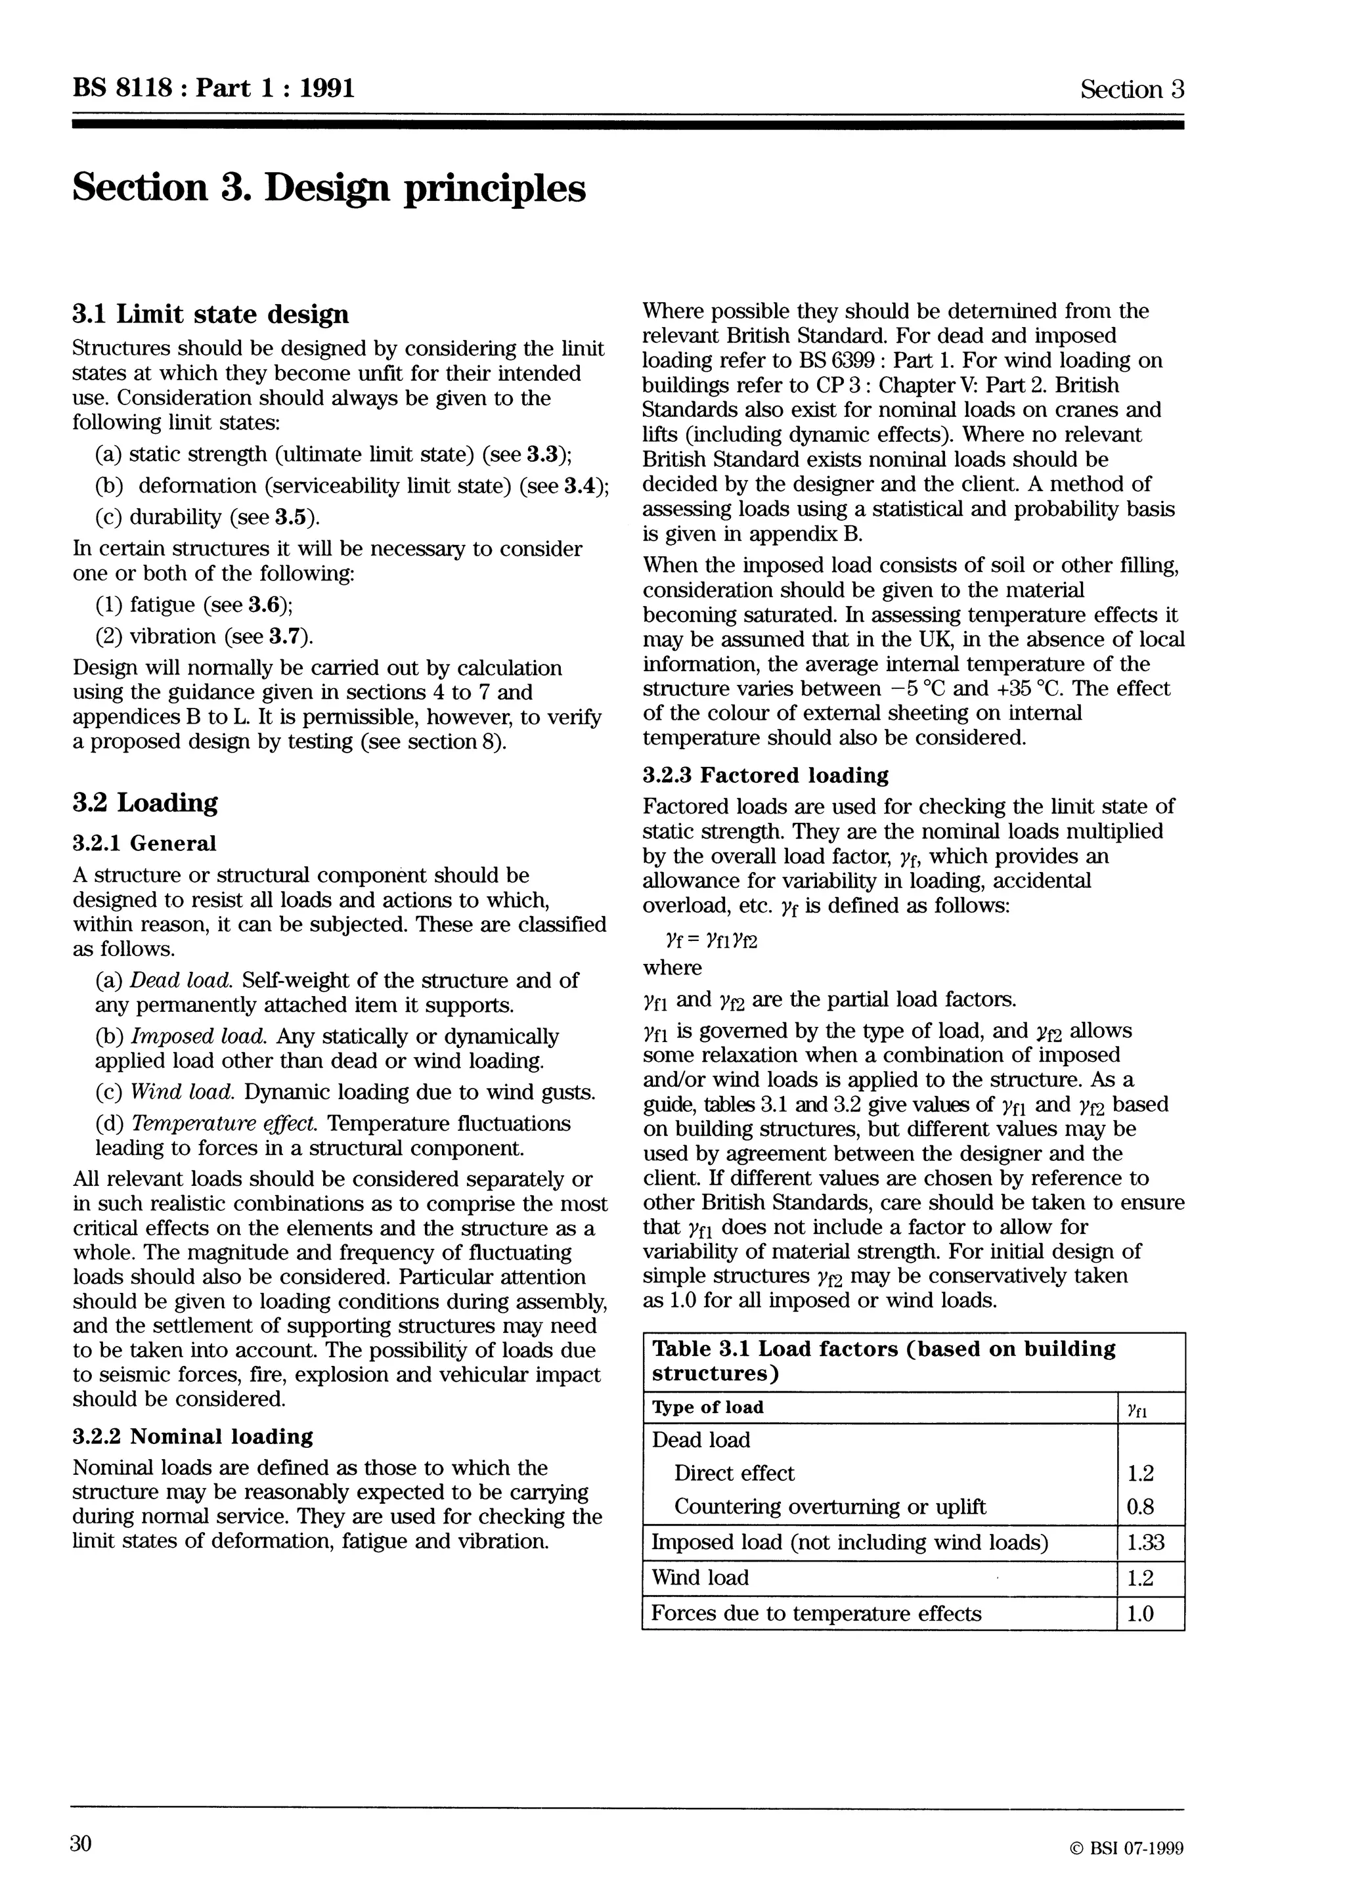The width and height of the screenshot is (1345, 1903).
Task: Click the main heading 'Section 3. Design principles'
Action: (329, 188)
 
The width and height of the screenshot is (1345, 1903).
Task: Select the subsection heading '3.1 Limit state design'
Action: (211, 315)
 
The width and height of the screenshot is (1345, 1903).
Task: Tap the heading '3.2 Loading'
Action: (145, 802)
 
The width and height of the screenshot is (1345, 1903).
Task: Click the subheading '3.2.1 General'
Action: (144, 844)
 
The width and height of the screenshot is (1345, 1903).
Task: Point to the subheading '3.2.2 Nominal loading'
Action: (193, 1436)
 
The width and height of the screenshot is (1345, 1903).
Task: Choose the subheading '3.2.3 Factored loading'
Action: (765, 776)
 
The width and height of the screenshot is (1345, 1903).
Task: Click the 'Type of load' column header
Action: (708, 1407)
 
